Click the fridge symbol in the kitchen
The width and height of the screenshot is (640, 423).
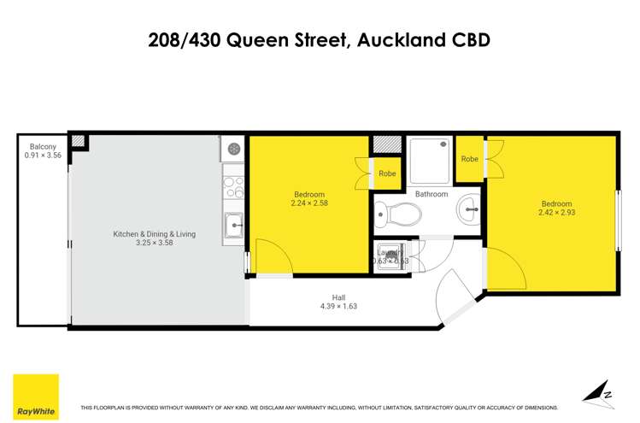[x=233, y=149]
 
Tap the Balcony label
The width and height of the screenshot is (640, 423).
[x=43, y=146]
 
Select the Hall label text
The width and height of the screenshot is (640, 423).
[x=338, y=298]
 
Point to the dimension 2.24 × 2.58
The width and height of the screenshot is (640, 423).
[x=308, y=203]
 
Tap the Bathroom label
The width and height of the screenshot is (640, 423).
[x=432, y=194]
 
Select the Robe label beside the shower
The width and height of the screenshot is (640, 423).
[x=469, y=159]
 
